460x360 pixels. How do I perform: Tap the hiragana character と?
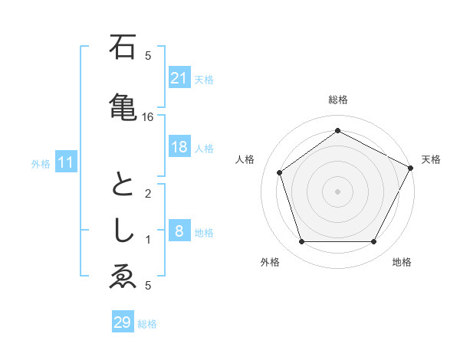123,186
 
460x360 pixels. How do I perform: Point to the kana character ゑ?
123,278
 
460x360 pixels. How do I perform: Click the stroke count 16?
148,117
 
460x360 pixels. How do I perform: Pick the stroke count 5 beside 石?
148,56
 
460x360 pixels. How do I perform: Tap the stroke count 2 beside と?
148,194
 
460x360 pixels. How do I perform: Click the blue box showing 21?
179,77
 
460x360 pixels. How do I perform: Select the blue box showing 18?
179,147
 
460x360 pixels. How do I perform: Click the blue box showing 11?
66,162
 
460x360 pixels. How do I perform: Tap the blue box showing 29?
123,322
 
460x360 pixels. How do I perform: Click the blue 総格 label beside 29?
148,324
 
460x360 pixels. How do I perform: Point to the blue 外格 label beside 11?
41,164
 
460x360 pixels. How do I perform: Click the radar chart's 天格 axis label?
431,159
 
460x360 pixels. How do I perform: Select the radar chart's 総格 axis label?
338,100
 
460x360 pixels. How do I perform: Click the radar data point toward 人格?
280,172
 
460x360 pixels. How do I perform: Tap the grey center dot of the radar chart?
337,191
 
